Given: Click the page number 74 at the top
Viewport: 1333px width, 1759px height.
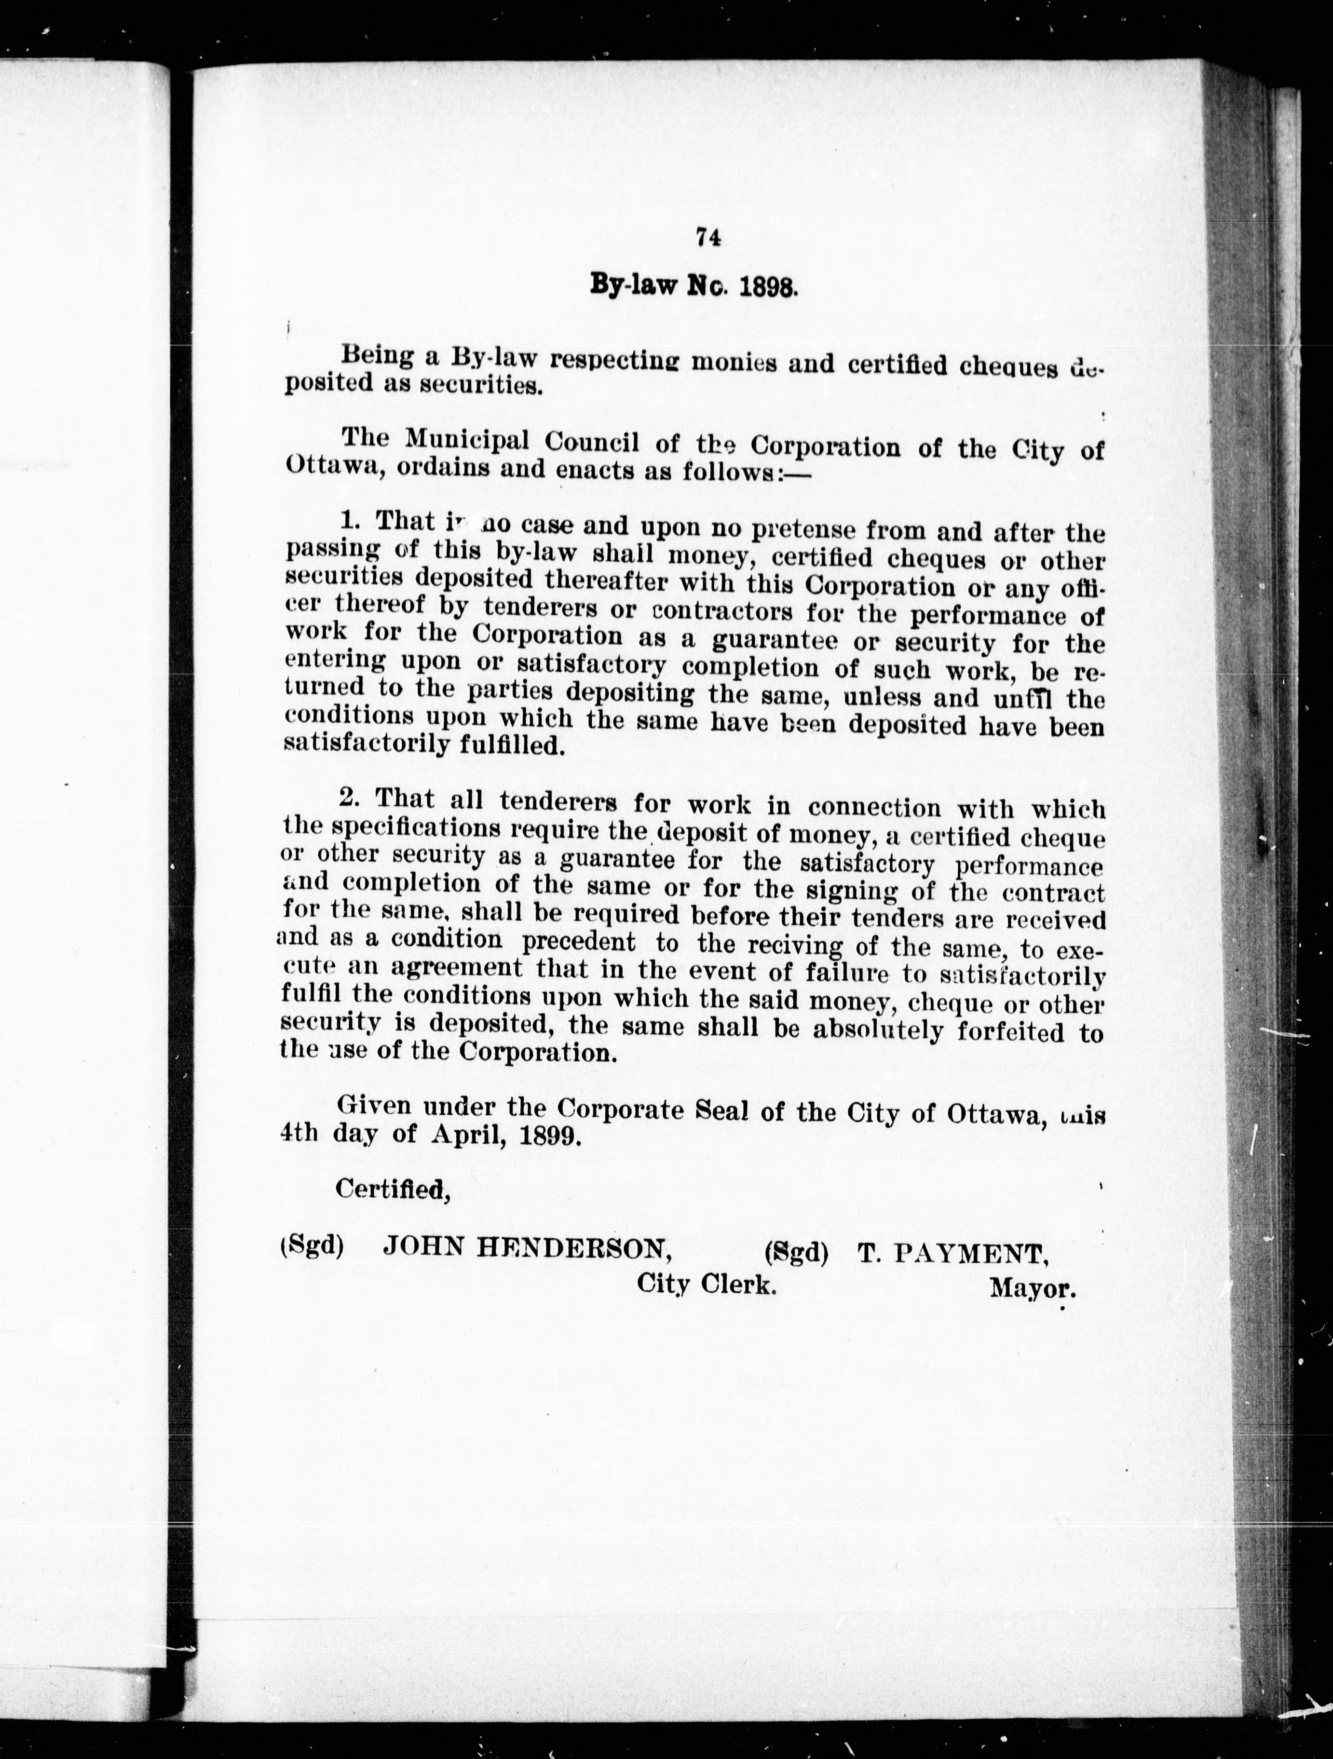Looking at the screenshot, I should click(707, 237).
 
